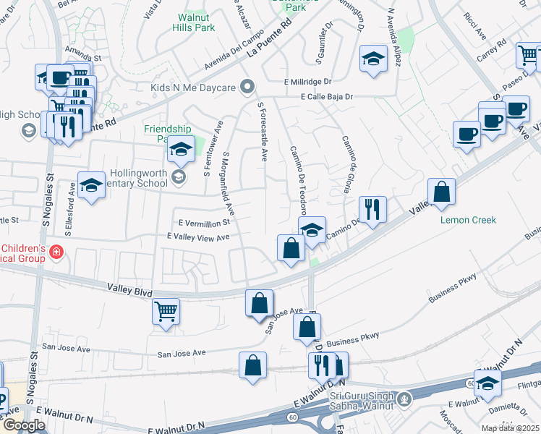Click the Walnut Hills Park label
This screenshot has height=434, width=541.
[194, 22]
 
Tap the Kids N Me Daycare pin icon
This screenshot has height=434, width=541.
[247, 88]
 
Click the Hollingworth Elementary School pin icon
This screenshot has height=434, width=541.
[179, 176]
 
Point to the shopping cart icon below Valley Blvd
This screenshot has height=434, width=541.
[166, 312]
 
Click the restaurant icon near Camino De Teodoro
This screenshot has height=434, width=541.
[372, 210]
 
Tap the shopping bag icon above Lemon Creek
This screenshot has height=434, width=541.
[441, 192]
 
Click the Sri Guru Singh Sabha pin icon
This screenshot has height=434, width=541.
[404, 397]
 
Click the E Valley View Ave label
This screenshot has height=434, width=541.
[197, 237]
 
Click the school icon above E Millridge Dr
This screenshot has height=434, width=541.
[373, 59]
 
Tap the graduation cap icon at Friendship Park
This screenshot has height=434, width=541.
[179, 150]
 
